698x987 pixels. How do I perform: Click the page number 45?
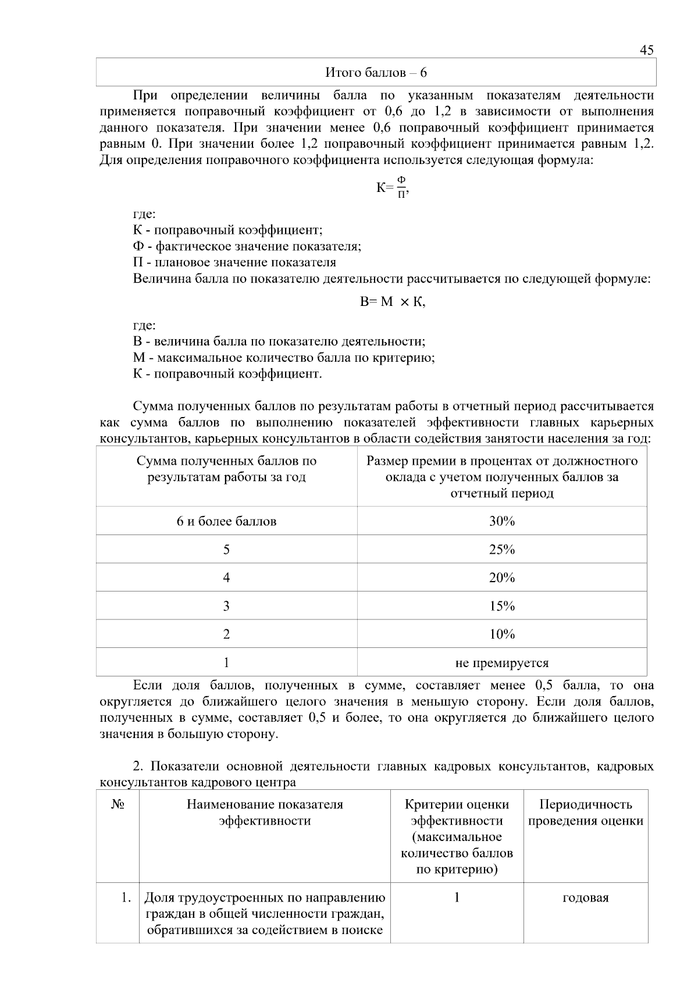(x=646, y=50)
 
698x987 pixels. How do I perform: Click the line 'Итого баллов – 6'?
(x=376, y=73)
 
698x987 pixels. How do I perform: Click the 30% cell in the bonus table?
(x=501, y=521)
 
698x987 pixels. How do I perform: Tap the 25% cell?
(x=501, y=549)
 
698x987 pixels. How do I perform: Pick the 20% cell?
(x=501, y=578)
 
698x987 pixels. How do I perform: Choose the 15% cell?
(x=501, y=606)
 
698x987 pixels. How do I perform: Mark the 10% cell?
(x=501, y=634)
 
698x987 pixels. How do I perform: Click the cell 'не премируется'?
(x=501, y=662)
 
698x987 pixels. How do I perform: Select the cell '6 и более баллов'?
(x=226, y=521)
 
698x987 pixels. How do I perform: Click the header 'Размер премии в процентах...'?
(x=501, y=477)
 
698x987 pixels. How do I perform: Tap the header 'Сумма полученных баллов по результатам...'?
(x=226, y=469)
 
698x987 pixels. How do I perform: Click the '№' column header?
(x=117, y=804)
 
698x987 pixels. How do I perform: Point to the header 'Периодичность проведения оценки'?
(x=585, y=813)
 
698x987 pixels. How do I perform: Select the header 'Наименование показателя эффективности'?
(x=265, y=813)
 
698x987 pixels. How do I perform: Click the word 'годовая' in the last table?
(x=585, y=897)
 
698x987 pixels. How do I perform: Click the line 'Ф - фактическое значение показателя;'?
(x=247, y=246)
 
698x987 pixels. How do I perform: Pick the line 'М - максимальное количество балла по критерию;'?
(x=284, y=358)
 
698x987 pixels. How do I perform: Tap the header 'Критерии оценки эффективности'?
(x=457, y=813)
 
